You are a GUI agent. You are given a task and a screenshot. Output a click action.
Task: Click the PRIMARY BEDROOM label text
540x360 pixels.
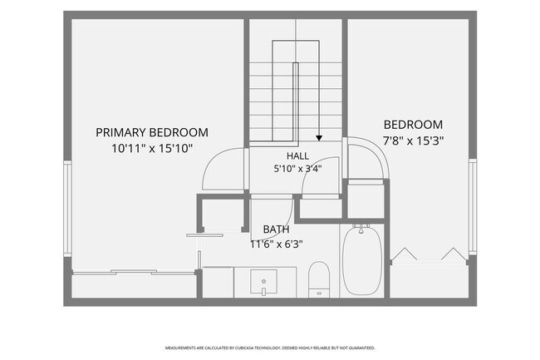pyautogui.click(x=152, y=132)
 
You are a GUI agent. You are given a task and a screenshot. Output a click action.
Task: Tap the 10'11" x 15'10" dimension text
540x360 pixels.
pyautogui.click(x=152, y=149)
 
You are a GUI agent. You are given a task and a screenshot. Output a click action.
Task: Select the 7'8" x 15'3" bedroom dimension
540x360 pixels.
pyautogui.click(x=413, y=141)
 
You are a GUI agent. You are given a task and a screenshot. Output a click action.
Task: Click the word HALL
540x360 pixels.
pyautogui.click(x=298, y=156)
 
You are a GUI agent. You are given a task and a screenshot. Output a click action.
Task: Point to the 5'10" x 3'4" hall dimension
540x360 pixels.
pyautogui.click(x=298, y=169)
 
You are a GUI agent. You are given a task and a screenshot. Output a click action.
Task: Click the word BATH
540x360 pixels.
pyautogui.click(x=276, y=229)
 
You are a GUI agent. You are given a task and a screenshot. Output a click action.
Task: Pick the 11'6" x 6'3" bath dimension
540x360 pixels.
pyautogui.click(x=277, y=244)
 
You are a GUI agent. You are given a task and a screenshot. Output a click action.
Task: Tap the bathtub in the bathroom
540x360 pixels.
pyautogui.click(x=362, y=260)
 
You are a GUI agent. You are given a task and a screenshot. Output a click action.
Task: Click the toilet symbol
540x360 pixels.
pyautogui.click(x=319, y=279)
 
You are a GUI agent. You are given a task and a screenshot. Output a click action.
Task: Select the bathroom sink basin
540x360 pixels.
pyautogui.click(x=264, y=282)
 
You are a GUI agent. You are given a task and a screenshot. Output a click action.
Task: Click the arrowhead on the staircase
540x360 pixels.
pyautogui.click(x=319, y=138)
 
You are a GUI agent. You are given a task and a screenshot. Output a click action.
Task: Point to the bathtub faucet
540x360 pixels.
pyautogui.click(x=361, y=229)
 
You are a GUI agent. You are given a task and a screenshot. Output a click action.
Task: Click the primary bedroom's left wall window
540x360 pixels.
pyautogui.click(x=67, y=209)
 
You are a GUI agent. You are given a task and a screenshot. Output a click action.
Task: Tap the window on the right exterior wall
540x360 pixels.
pyautogui.click(x=473, y=207)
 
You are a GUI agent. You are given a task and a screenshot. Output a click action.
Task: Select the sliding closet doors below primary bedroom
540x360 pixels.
pyautogui.click(x=134, y=272)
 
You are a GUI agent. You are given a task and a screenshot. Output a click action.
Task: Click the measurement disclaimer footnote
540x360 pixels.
pyautogui.click(x=270, y=348)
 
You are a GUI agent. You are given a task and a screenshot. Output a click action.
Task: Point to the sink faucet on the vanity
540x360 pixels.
pyautogui.click(x=264, y=292)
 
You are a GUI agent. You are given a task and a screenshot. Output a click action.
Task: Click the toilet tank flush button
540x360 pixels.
pyautogui.click(x=319, y=293)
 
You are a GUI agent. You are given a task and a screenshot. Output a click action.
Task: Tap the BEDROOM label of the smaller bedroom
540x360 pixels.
pyautogui.click(x=413, y=125)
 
